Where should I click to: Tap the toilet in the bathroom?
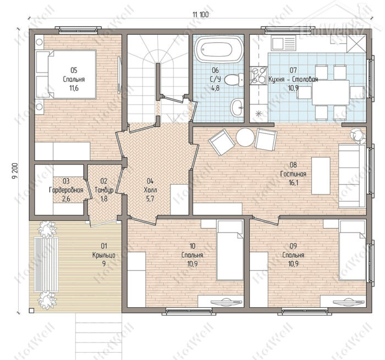point(234,79)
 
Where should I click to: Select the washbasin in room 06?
point(237,107)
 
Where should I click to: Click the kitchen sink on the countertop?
point(284,42)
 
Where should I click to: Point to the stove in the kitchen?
point(258,76)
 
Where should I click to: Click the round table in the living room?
point(245,137)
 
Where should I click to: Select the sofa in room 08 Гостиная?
point(352,176)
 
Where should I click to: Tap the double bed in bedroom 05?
point(65,74)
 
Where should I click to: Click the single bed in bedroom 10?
point(230,250)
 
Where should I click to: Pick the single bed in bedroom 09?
point(353,250)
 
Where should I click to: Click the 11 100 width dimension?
point(201,14)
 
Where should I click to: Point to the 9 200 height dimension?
point(15,171)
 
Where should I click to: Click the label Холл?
point(150,190)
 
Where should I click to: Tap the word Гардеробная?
point(66,190)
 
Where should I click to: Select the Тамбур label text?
point(104,190)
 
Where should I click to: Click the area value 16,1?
point(293,182)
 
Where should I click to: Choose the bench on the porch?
point(46,264)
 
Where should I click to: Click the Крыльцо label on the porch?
point(104,255)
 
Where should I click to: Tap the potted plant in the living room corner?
point(358,136)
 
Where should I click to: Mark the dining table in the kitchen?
point(331,92)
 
